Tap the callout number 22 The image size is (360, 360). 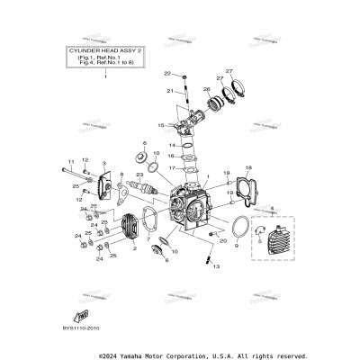click(166, 72)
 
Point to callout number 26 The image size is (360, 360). click(206, 89)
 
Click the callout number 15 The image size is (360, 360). click(161, 125)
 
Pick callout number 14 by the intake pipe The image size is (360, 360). click(173, 145)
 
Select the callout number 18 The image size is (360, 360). click(248, 167)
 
